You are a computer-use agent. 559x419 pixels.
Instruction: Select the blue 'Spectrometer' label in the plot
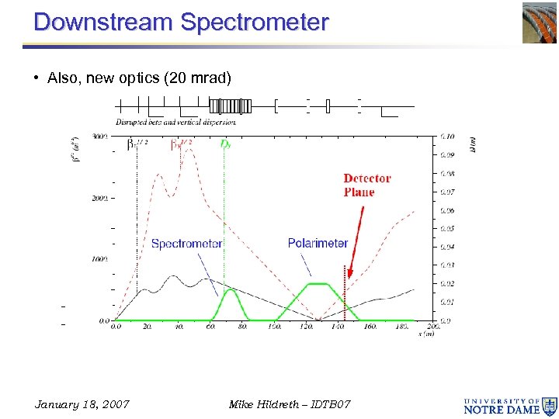click(186, 244)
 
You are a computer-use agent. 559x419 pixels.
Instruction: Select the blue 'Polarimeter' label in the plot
click(318, 244)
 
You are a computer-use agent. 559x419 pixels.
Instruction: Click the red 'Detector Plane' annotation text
click(366, 185)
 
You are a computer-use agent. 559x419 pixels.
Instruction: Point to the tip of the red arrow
click(349, 278)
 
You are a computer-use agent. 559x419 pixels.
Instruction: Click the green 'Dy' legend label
click(225, 144)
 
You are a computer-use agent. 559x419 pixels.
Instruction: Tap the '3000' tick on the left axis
click(100, 137)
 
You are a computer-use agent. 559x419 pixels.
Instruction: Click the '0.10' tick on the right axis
click(447, 137)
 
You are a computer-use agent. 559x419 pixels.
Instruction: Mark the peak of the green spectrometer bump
click(230, 290)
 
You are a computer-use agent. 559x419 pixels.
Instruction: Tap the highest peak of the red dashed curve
click(189, 149)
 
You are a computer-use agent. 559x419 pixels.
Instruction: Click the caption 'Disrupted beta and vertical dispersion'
click(175, 122)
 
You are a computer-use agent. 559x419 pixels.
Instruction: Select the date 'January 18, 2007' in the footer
click(82, 404)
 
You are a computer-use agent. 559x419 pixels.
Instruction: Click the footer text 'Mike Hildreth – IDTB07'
click(290, 404)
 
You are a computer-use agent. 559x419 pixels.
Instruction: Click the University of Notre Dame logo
click(510, 404)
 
